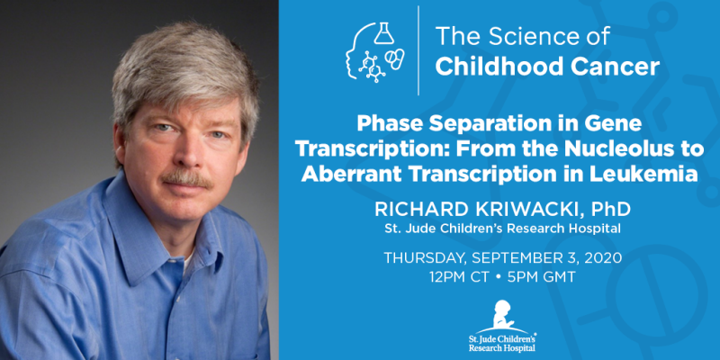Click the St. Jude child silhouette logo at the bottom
501,313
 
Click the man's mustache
188,177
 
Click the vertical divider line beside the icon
418,50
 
